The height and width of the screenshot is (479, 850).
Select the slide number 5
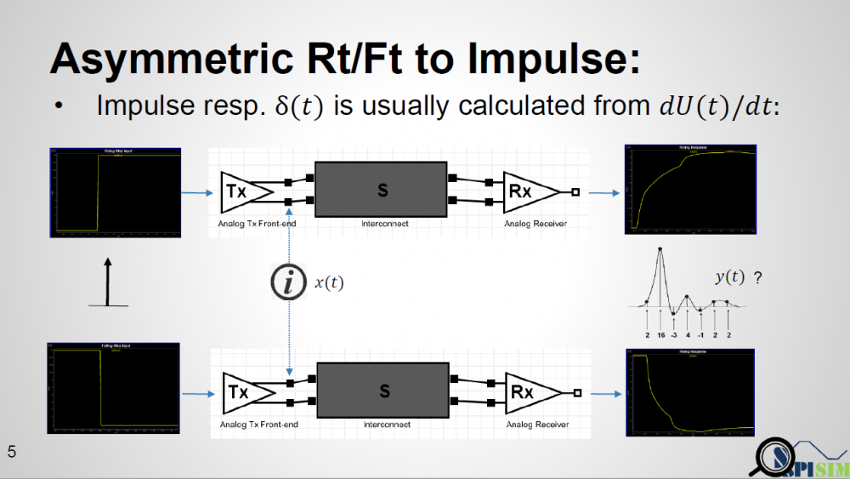(12, 452)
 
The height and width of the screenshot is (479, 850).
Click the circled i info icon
(288, 283)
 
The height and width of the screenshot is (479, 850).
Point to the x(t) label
(330, 283)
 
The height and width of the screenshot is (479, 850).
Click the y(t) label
(729, 277)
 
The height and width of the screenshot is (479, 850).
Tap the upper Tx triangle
(241, 192)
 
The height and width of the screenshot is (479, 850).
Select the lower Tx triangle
(242, 392)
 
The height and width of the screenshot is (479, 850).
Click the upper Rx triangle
(525, 191)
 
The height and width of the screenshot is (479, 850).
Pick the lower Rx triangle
(527, 392)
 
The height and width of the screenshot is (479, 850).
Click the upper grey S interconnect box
(382, 191)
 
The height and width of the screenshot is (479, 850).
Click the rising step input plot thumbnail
(115, 192)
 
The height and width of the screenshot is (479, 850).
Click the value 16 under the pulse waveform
(660, 336)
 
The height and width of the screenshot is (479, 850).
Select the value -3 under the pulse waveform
(674, 336)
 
